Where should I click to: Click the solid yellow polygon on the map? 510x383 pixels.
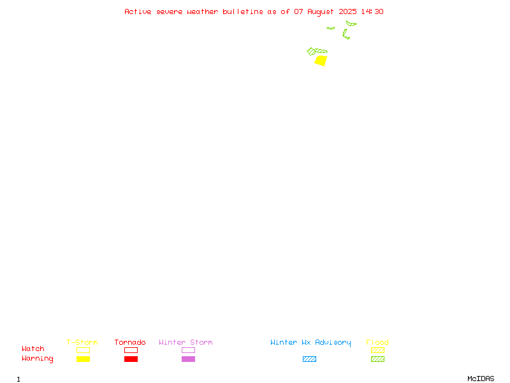click(321, 61)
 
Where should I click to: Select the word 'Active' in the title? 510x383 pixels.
click(138, 11)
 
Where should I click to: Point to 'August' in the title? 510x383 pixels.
click(321, 12)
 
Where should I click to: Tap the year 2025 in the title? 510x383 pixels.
click(347, 11)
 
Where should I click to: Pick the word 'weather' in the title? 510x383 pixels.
click(202, 11)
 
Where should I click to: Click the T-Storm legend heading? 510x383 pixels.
click(82, 342)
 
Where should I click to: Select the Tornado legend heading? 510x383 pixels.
click(130, 342)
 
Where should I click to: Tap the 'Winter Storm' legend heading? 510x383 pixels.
click(186, 342)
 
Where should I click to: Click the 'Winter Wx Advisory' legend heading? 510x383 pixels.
click(310, 343)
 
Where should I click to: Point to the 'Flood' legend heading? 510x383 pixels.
click(377, 342)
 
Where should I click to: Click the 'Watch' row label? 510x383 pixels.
click(33, 349)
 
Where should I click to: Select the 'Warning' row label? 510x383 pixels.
click(38, 359)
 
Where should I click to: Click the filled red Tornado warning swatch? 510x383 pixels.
click(131, 359)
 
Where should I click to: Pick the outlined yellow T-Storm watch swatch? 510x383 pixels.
click(84, 350)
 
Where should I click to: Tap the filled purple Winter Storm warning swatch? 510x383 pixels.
click(188, 359)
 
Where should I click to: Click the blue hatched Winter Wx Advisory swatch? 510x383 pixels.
click(309, 359)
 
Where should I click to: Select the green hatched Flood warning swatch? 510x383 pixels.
click(377, 359)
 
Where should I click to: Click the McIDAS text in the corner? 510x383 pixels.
click(481, 379)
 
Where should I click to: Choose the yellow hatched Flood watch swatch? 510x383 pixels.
click(377, 350)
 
